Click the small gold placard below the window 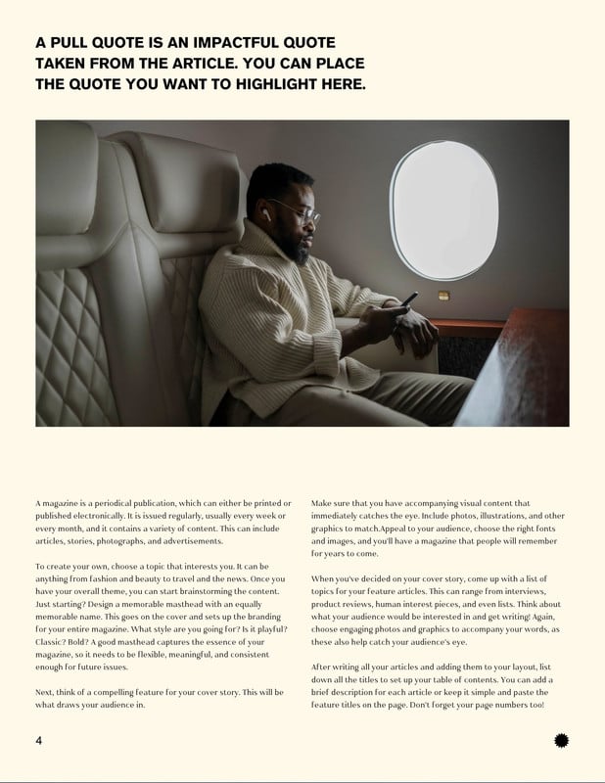click(x=443, y=295)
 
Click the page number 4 click(x=38, y=740)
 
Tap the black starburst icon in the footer click(x=561, y=741)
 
